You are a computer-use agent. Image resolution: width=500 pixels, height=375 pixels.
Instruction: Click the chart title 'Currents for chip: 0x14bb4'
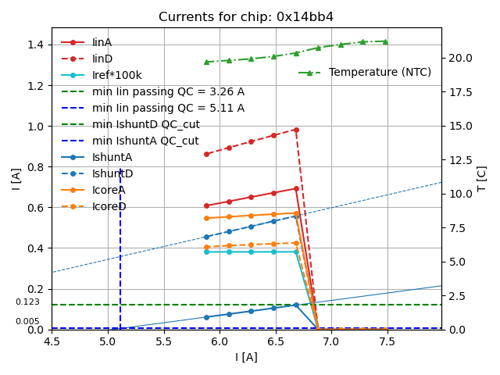coord(246,17)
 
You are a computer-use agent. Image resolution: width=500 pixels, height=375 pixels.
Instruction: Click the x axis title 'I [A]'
coord(246,357)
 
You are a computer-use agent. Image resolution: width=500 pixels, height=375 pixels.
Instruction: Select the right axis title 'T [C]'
coord(482,178)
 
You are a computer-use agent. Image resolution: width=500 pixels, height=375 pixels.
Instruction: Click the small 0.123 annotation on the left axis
coord(27,302)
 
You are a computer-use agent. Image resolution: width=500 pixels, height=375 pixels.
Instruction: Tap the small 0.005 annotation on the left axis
coord(27,322)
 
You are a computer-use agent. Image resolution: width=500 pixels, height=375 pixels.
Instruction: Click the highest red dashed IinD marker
coord(296,130)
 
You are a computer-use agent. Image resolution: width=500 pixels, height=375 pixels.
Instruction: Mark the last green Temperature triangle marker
coord(385,41)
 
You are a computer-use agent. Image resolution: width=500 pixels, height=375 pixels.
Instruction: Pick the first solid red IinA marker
coord(206,205)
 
